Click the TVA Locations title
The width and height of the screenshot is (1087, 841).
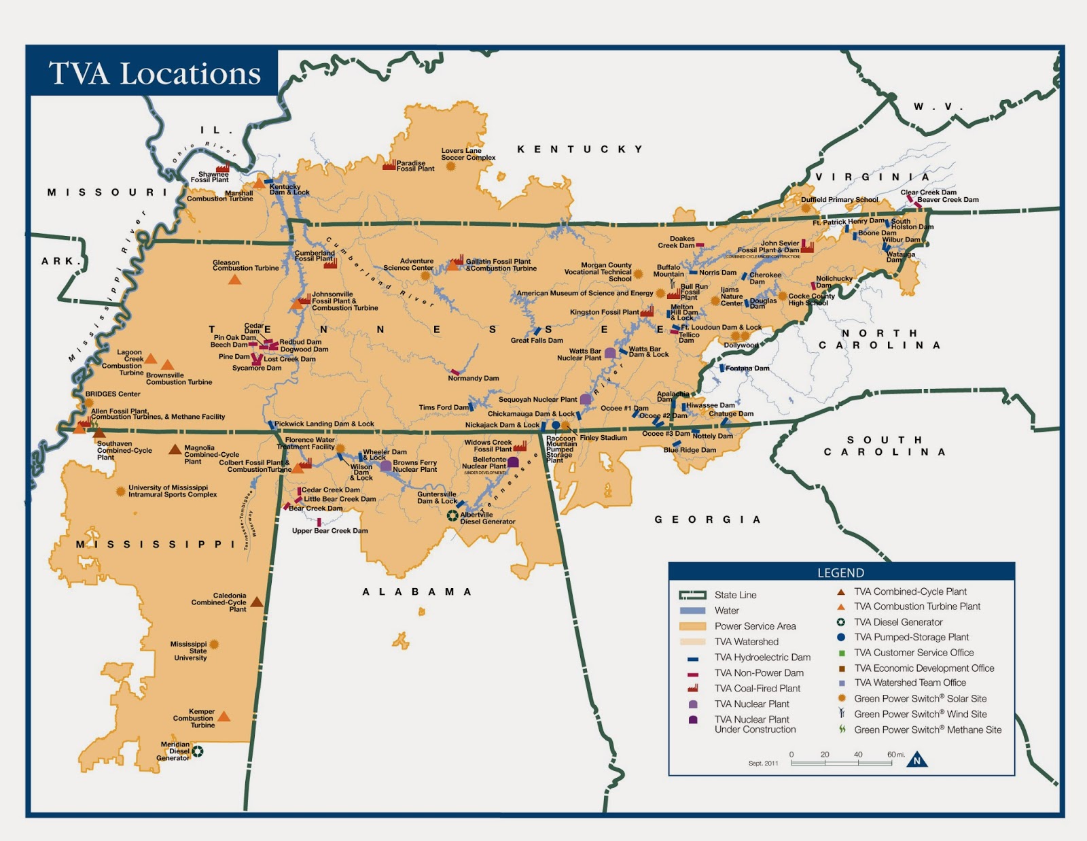point(154,73)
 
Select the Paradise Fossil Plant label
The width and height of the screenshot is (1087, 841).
point(415,166)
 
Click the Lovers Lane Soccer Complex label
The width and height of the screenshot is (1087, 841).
point(468,154)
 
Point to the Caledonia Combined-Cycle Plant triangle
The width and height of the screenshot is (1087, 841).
point(257,602)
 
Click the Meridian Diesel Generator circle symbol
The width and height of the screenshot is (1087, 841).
point(198,751)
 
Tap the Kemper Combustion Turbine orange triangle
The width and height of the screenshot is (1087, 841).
point(224,717)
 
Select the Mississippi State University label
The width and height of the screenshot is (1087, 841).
point(190,651)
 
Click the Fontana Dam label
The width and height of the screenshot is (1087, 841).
point(747,368)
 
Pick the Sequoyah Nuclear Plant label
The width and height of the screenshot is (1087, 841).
point(537,400)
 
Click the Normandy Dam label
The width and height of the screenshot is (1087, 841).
point(474,378)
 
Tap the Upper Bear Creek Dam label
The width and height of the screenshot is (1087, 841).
point(330,531)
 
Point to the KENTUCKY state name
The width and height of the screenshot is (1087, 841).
point(580,149)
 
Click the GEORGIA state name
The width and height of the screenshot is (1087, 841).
point(707,519)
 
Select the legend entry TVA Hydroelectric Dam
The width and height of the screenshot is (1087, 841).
point(762,657)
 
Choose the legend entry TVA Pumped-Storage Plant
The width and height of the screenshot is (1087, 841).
point(911,637)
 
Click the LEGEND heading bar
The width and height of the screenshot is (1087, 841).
point(841,572)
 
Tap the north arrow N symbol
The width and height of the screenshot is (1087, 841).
point(916,760)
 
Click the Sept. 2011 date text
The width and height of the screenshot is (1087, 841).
point(763,763)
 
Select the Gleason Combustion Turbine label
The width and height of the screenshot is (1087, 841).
point(245,265)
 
